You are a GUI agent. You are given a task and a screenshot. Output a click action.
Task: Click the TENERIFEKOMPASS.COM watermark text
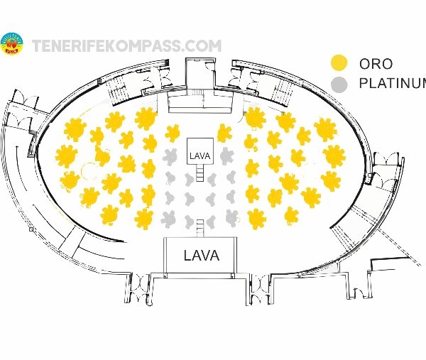126,46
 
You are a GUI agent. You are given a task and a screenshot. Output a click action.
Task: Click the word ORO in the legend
376,62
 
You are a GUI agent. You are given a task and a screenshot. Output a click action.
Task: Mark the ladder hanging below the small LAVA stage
200,173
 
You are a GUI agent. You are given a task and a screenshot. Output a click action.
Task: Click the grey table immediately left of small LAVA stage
171,156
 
